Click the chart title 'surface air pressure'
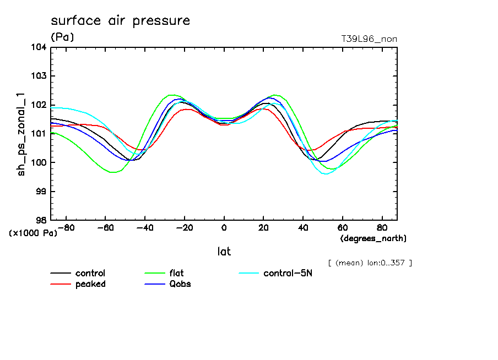[x=120, y=21]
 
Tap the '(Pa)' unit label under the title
[x=62, y=37]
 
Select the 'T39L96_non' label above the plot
[x=369, y=39]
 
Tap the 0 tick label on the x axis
[x=224, y=227]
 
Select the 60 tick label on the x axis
[x=342, y=227]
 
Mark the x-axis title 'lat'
[x=224, y=252]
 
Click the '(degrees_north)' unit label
[x=373, y=238]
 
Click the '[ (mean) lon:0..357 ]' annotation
[x=370, y=263]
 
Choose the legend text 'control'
[x=90, y=274]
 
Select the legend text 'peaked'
[x=90, y=284]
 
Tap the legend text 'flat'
[x=177, y=274]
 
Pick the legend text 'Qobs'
[x=180, y=284]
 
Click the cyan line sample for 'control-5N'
[x=250, y=274]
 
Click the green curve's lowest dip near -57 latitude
[x=113, y=172]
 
